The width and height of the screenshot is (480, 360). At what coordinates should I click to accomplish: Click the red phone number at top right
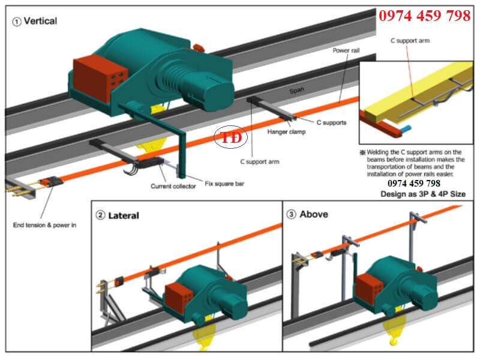click(x=424, y=16)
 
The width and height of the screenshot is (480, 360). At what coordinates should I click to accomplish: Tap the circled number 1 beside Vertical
click(x=17, y=21)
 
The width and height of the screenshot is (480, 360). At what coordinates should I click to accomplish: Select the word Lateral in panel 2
click(x=123, y=215)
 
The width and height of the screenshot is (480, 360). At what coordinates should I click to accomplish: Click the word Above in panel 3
click(x=314, y=214)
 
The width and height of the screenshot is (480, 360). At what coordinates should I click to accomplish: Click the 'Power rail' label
click(x=346, y=51)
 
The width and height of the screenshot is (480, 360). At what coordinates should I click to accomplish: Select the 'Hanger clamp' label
click(x=286, y=132)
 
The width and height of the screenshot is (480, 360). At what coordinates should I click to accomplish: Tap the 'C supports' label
click(x=331, y=122)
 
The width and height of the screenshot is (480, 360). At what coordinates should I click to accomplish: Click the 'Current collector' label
click(x=173, y=187)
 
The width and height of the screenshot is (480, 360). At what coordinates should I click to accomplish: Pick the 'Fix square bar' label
click(x=226, y=184)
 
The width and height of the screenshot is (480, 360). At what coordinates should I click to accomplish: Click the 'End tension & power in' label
click(x=44, y=226)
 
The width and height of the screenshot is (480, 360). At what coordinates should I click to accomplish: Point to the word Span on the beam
click(x=296, y=90)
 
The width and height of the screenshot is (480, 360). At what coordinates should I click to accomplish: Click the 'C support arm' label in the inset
click(x=410, y=41)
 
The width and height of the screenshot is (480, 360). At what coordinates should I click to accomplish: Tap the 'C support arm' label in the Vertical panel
click(x=260, y=161)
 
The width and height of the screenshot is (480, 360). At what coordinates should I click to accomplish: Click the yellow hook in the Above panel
click(x=393, y=340)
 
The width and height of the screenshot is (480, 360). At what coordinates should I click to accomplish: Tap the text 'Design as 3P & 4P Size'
click(x=423, y=194)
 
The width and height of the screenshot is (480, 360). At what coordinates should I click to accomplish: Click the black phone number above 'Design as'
click(x=414, y=184)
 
